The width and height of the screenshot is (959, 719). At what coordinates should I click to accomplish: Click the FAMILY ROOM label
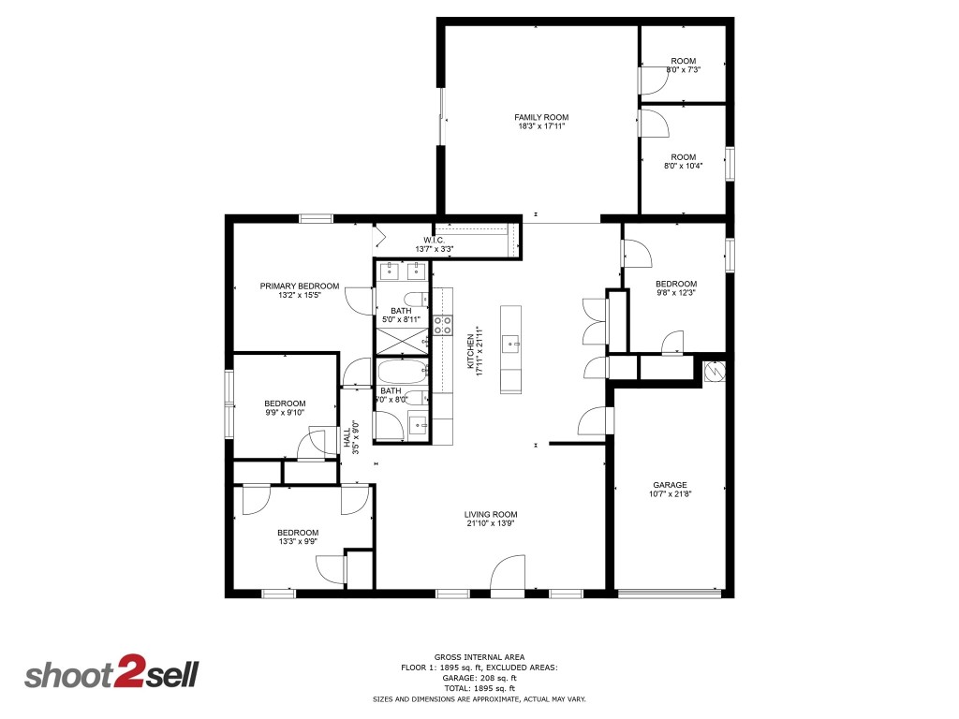tap(541, 117)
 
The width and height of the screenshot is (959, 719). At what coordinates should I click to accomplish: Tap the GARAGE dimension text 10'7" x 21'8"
tap(671, 494)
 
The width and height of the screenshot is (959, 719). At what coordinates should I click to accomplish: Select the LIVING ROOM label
tap(491, 515)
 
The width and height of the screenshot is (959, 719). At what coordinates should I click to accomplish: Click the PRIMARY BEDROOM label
tap(300, 286)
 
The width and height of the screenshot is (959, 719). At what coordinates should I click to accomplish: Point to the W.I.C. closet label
tap(435, 241)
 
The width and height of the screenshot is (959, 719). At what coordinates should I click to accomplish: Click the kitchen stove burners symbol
tap(443, 325)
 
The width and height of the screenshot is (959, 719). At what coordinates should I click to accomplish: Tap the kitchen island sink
tap(510, 345)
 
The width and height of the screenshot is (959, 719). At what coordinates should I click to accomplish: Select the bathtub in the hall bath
tap(402, 371)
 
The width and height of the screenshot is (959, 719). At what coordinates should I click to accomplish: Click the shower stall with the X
tap(402, 341)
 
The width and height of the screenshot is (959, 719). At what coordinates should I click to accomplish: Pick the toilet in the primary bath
tap(417, 300)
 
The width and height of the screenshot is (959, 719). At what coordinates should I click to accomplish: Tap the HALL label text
tap(347, 437)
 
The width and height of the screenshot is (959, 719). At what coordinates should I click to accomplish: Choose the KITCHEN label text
tap(470, 352)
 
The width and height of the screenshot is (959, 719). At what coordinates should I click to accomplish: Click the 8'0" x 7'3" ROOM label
tap(683, 61)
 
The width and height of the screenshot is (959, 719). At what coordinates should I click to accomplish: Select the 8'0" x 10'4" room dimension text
tap(683, 166)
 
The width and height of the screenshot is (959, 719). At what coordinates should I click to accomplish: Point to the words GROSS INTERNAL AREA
tap(479, 657)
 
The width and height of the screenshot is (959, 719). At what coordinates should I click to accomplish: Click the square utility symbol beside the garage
tap(714, 371)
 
